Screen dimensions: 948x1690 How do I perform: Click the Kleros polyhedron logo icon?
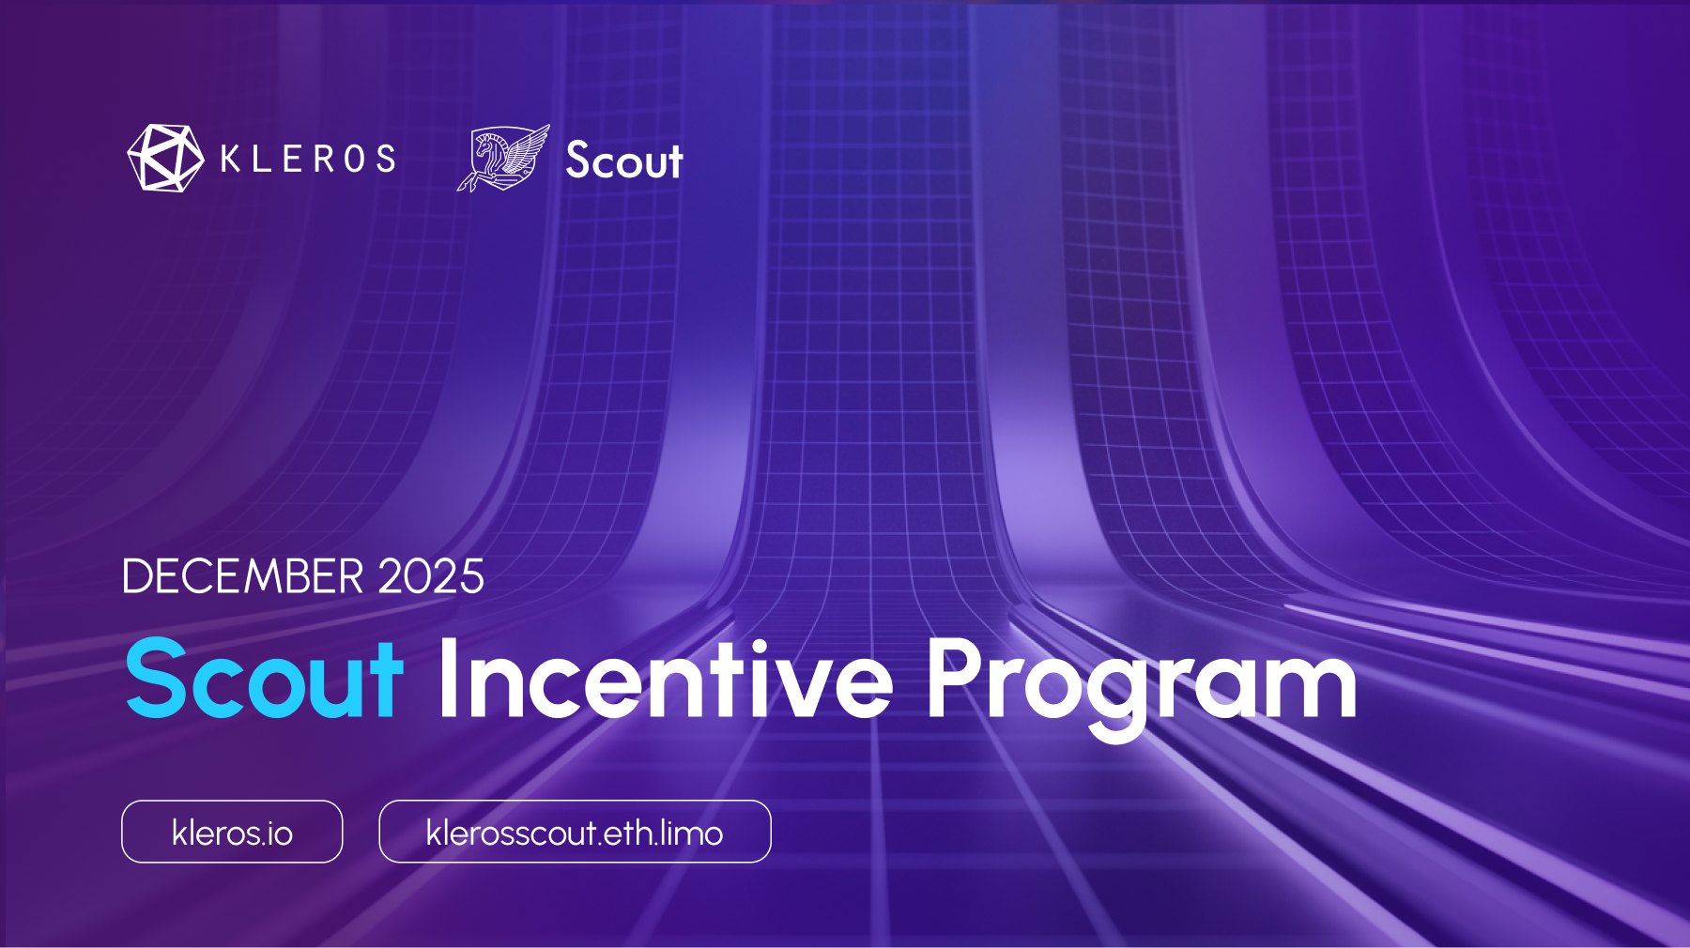(x=164, y=159)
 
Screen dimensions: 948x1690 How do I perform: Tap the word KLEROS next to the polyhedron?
(x=308, y=159)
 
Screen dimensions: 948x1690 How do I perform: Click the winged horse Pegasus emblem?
(x=503, y=159)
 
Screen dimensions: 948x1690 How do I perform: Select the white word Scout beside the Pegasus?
(x=624, y=161)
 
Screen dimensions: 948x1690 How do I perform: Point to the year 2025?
(x=431, y=576)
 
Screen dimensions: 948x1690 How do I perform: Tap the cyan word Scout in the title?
(x=264, y=679)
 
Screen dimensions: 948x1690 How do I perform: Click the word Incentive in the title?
(x=665, y=679)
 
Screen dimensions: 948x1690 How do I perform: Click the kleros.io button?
(x=232, y=832)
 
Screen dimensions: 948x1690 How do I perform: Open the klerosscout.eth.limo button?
(x=575, y=832)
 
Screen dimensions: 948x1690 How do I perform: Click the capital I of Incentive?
(x=448, y=678)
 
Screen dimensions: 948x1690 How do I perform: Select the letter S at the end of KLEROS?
(x=386, y=159)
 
